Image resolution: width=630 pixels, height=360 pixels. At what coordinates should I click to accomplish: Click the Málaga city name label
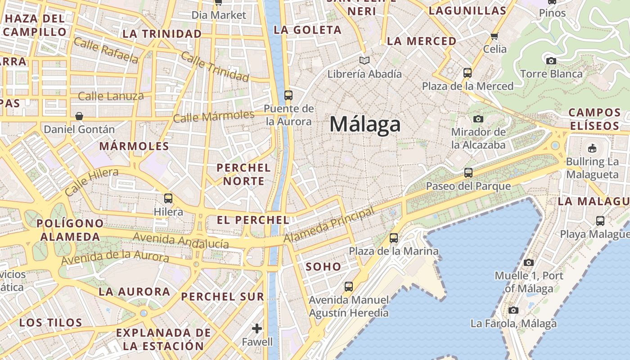coord(365,124)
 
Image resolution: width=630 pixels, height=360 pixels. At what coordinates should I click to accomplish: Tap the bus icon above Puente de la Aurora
coord(288,95)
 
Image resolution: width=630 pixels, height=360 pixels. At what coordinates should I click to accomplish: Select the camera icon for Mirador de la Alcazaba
coord(478,119)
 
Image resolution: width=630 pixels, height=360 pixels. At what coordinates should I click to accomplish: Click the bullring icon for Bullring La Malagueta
coord(592,148)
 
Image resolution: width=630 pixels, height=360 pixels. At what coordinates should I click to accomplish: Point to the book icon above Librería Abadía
coord(364,60)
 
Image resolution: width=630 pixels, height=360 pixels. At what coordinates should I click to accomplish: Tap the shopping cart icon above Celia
coord(495,36)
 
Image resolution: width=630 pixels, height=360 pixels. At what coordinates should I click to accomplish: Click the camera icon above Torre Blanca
coord(551,61)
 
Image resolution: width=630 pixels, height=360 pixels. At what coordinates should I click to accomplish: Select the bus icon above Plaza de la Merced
coord(468,72)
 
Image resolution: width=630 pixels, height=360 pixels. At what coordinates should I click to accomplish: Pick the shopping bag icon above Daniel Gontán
coord(79,116)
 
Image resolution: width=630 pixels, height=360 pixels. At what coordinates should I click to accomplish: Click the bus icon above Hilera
coord(168,198)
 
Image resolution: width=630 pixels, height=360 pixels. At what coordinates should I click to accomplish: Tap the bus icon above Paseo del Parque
coord(468,172)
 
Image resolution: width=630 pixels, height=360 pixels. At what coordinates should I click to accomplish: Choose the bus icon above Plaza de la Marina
coord(394,238)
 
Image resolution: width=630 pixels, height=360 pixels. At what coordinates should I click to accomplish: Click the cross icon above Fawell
coord(257,328)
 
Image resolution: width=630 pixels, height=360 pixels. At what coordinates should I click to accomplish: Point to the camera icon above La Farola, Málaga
coord(513,310)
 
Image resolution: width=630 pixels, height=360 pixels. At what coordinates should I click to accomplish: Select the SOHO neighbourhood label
coord(324,266)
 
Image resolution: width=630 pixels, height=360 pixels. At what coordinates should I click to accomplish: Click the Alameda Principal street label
coord(329,226)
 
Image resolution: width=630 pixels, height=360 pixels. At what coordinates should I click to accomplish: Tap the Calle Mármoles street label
coord(214,117)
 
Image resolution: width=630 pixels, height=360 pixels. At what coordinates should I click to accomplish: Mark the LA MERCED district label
coord(422,41)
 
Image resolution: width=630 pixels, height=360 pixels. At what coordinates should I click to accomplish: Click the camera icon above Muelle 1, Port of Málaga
coord(529,262)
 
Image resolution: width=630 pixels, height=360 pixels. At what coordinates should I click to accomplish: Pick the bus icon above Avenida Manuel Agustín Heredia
coord(348,286)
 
